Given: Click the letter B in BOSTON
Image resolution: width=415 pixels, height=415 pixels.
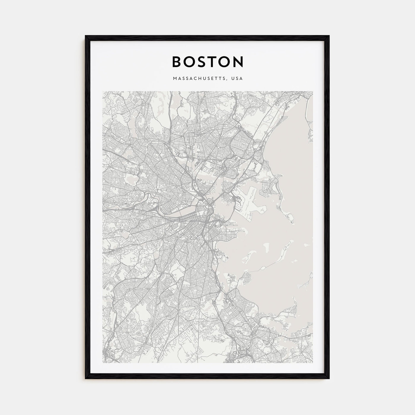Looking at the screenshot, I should point(177,62).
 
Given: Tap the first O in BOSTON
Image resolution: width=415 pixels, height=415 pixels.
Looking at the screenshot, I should point(191,62).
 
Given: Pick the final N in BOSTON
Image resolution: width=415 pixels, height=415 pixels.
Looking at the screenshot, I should point(238,62).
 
